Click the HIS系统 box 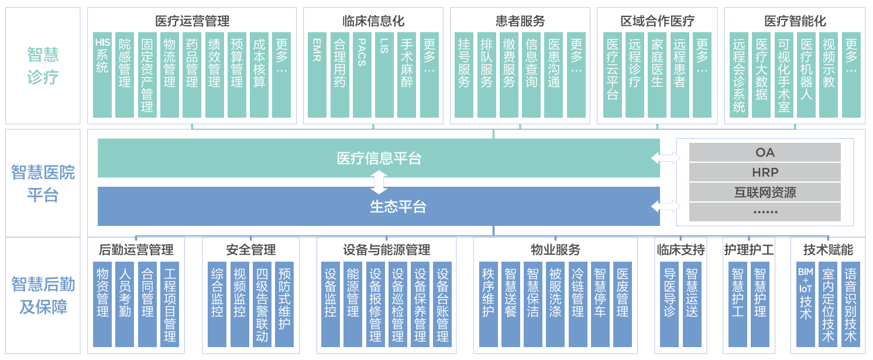(x=102, y=75)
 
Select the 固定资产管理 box (x=147, y=75)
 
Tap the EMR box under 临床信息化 (x=317, y=75)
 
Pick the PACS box (x=362, y=75)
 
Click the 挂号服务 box (x=464, y=75)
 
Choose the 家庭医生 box (x=657, y=75)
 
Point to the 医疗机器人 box (x=806, y=75)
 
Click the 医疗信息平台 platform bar (x=379, y=158)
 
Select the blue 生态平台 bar (x=379, y=207)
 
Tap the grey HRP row (x=765, y=172)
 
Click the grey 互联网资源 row (x=765, y=192)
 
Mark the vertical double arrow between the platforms (x=379, y=183)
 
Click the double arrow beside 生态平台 (x=666, y=206)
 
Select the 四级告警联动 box (x=262, y=304)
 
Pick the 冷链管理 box (x=578, y=304)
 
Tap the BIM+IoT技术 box (x=805, y=304)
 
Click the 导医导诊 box (x=669, y=304)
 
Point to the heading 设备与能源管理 (x=386, y=250)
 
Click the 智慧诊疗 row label (x=43, y=66)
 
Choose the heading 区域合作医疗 (x=657, y=22)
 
